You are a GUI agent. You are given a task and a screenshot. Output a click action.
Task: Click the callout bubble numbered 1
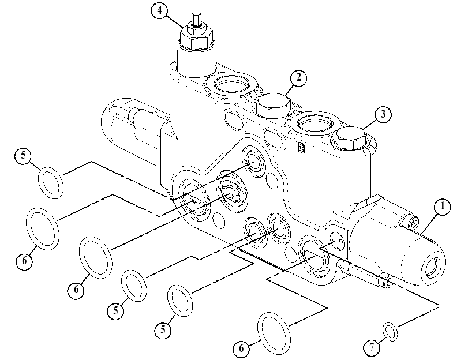pyautogui.click(x=443, y=207)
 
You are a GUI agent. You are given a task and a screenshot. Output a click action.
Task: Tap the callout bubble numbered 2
pyautogui.click(x=298, y=78)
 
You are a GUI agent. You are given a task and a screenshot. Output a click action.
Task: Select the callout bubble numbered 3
pyautogui.click(x=383, y=114)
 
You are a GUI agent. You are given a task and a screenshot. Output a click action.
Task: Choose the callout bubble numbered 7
pyautogui.click(x=372, y=348)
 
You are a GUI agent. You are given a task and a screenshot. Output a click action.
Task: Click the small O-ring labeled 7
pyautogui.click(x=390, y=331)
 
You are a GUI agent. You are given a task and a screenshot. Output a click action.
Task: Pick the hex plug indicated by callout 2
pyautogui.click(x=272, y=105)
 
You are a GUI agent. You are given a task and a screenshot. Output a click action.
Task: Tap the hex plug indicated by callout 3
pyautogui.click(x=350, y=138)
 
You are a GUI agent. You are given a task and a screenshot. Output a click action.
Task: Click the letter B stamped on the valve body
pyautogui.click(x=301, y=148)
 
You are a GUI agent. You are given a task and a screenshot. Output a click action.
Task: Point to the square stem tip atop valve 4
pyautogui.click(x=196, y=20)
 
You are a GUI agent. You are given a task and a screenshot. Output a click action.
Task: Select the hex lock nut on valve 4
pyautogui.click(x=196, y=37)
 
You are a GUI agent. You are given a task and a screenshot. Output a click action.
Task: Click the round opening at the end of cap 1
pyautogui.click(x=432, y=265)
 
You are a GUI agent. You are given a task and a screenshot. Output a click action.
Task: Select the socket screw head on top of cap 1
pyautogui.click(x=414, y=223)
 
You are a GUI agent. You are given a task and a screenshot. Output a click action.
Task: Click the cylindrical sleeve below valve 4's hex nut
pyautogui.click(x=196, y=61)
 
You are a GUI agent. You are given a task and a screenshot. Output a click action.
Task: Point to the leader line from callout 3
pyautogui.click(x=370, y=124)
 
